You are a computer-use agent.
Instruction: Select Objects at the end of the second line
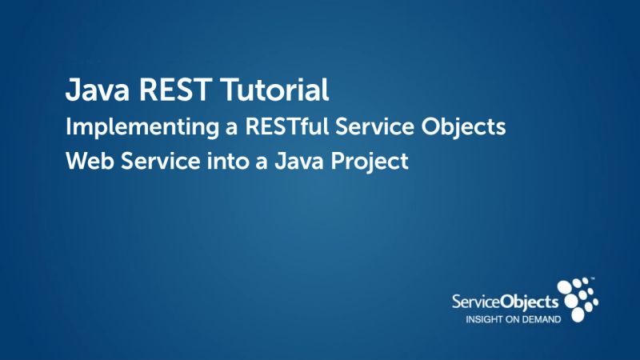[x=468, y=127]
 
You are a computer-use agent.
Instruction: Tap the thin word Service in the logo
[x=476, y=302]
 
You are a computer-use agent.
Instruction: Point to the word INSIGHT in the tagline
[x=486, y=318]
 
